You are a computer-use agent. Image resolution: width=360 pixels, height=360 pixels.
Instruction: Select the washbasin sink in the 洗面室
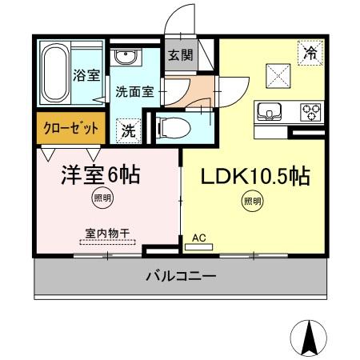click(125, 58)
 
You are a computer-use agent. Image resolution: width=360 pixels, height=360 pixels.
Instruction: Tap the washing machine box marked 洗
click(128, 128)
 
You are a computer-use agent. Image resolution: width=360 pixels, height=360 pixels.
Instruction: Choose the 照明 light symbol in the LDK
click(251, 202)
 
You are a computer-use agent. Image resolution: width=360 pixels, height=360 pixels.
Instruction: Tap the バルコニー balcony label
click(180, 278)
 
